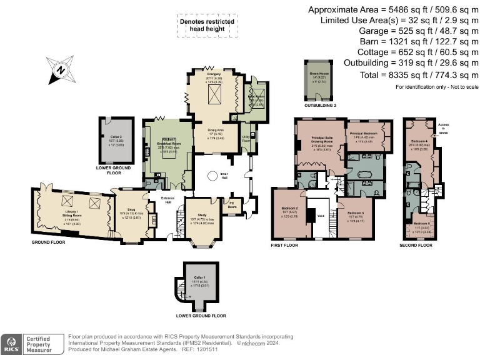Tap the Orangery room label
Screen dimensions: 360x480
coord(214,73)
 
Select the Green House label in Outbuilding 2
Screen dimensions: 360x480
coord(319,74)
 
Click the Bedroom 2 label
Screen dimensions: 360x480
coord(289,207)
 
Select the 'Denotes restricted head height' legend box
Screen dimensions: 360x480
coord(207,24)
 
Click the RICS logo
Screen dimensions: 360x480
coord(11,343)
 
